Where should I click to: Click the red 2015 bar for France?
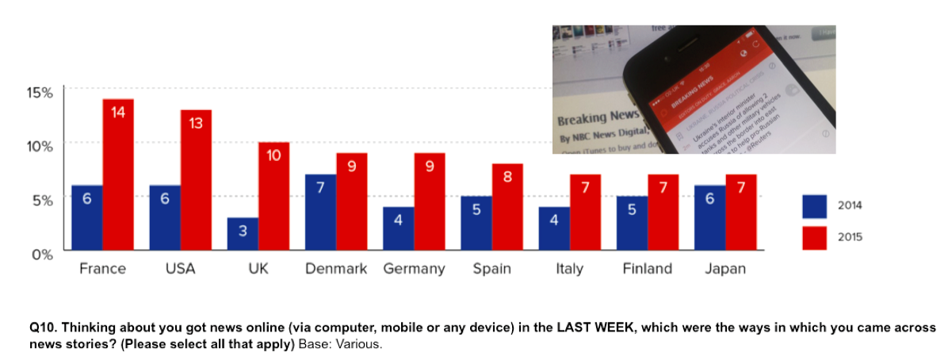[118, 174]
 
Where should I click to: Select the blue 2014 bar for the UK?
[243, 234]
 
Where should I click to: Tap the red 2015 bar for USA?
[196, 180]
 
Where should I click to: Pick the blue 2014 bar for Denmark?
[320, 213]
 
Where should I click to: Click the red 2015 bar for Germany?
[430, 201]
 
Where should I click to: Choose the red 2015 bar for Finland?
[663, 213]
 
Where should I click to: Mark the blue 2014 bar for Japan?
[709, 218]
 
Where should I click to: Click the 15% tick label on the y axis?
[40, 92]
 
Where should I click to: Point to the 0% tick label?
[41, 255]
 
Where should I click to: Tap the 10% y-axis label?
[40, 146]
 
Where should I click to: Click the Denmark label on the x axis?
[336, 269]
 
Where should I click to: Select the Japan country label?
[725, 269]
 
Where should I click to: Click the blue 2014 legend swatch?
[814, 205]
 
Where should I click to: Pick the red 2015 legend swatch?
[814, 237]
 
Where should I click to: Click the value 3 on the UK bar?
[243, 231]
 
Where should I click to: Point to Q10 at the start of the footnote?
[41, 327]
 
